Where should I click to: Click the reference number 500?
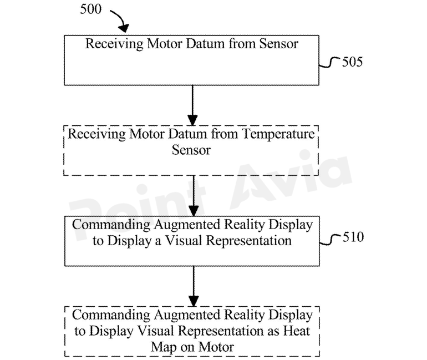tap(91, 9)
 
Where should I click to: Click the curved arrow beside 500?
tap(119, 20)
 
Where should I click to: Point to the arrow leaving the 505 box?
tap(192, 105)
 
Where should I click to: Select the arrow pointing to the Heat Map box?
tap(192, 285)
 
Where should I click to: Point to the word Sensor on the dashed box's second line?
tap(191, 150)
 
